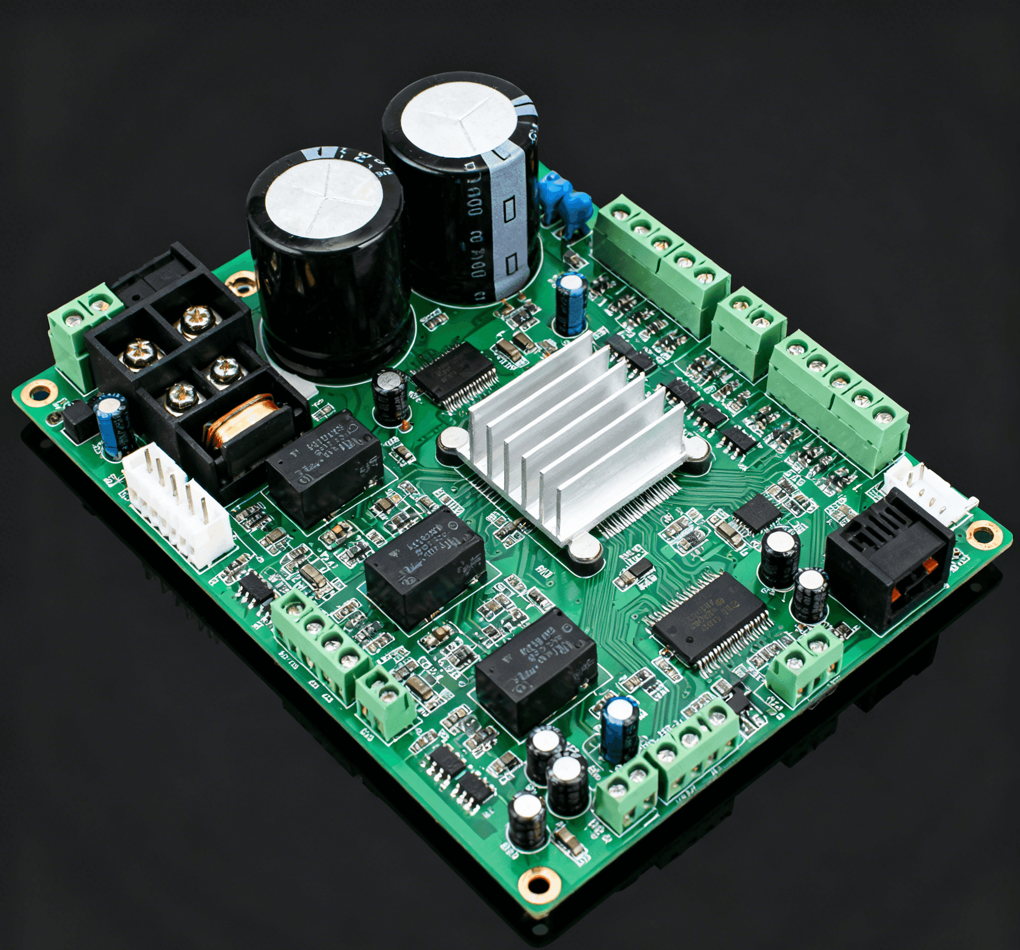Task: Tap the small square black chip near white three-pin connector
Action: point(757,513)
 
